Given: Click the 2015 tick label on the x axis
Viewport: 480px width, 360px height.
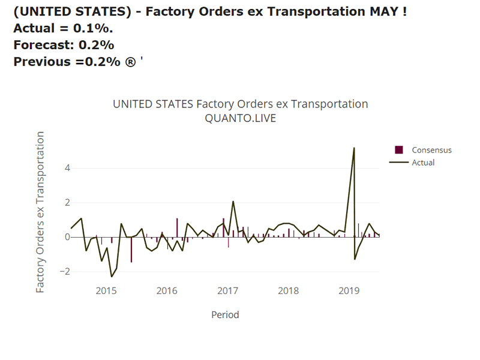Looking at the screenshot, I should (x=106, y=291).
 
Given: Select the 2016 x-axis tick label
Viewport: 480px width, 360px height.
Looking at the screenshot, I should (x=167, y=291).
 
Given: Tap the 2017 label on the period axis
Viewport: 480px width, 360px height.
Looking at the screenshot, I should (x=227, y=291).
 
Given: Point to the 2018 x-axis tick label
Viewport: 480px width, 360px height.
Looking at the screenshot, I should (x=289, y=291).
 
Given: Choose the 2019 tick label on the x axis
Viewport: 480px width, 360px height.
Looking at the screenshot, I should (x=349, y=291).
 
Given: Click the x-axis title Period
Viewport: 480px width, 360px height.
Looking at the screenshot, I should (x=225, y=314).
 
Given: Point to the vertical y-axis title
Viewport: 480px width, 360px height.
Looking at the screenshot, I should (x=40, y=212).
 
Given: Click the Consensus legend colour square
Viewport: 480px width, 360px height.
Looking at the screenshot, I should (x=399, y=150).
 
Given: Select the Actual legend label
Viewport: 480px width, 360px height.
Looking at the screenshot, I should (x=423, y=163).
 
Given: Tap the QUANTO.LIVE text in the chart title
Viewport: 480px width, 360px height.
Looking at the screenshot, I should (x=240, y=118).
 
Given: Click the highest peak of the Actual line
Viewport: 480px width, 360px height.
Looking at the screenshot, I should (x=354, y=148).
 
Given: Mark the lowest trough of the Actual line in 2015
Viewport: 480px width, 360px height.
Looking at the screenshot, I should (x=112, y=276).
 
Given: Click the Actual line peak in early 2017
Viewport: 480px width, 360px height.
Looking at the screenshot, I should (x=233, y=201).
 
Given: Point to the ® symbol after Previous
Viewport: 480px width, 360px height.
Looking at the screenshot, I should (x=130, y=61).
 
